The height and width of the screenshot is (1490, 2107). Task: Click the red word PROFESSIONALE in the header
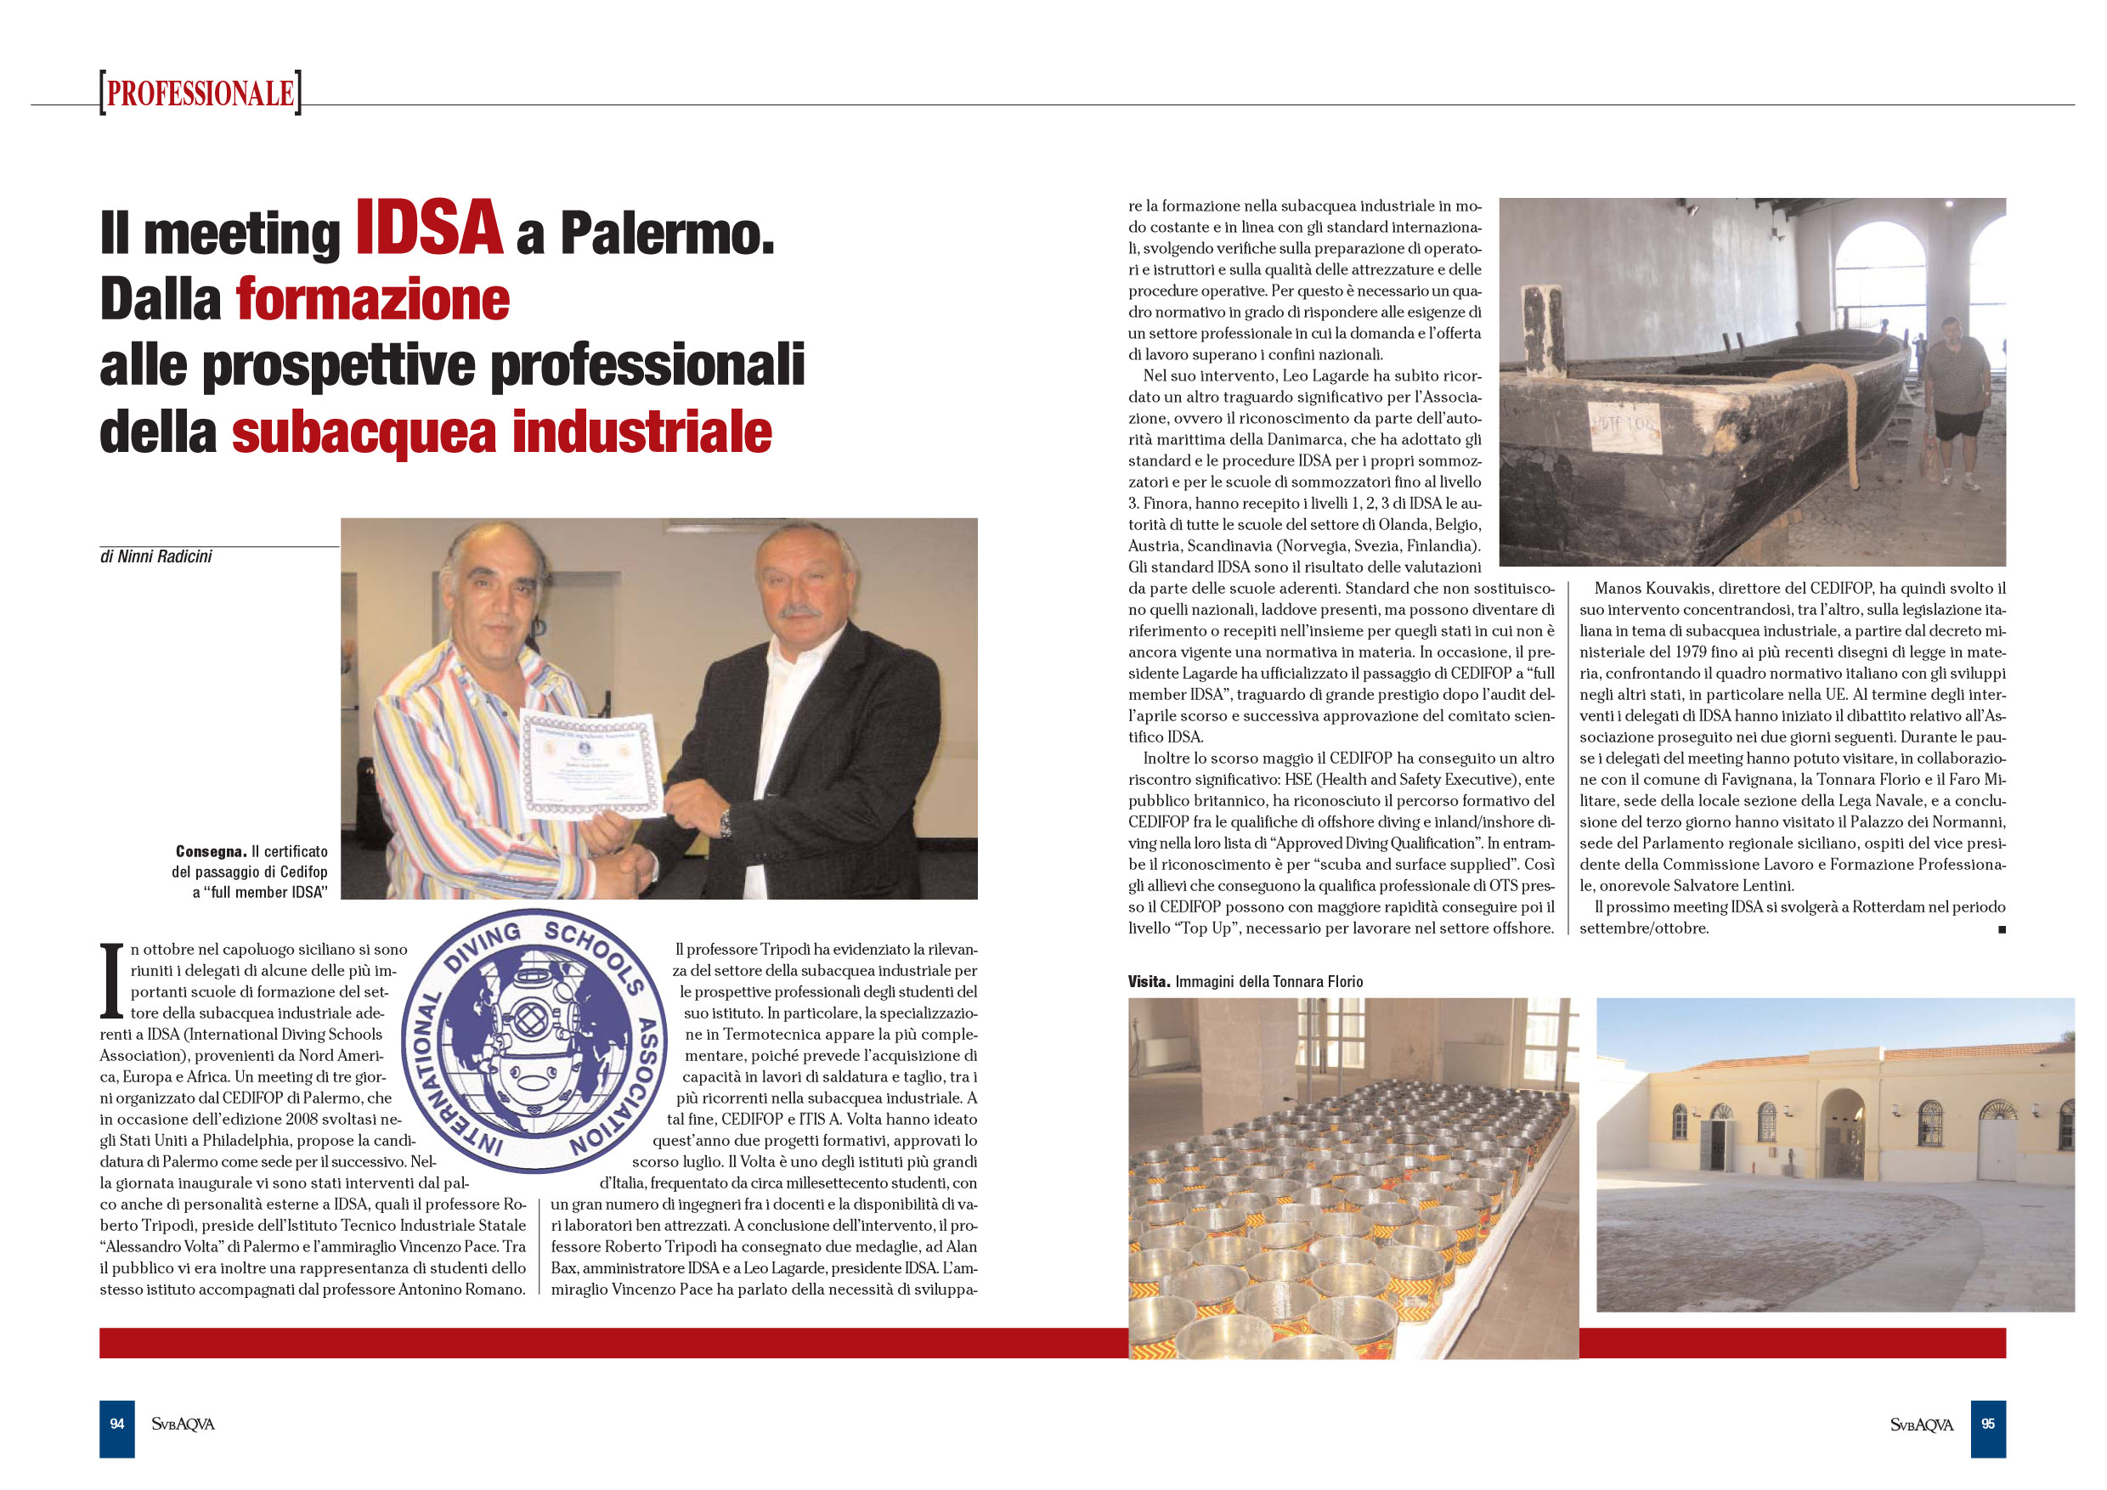point(200,93)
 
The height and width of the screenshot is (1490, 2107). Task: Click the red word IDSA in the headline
point(428,228)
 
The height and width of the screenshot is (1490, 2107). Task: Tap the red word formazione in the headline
point(373,300)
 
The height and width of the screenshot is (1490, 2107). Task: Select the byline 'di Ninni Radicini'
point(156,557)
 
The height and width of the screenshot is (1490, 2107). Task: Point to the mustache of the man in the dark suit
point(800,609)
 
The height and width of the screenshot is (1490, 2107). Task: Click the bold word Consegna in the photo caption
point(210,851)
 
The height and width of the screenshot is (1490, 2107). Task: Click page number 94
point(116,1424)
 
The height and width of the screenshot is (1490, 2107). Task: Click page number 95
point(1988,1424)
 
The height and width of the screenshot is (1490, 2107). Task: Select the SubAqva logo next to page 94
point(183,1424)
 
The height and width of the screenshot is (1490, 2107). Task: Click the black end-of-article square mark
point(2002,929)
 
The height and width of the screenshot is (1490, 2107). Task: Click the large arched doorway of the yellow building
point(1843,1133)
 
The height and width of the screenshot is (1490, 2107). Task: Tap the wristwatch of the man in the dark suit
point(725,824)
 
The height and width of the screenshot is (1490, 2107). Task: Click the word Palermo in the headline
point(667,234)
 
